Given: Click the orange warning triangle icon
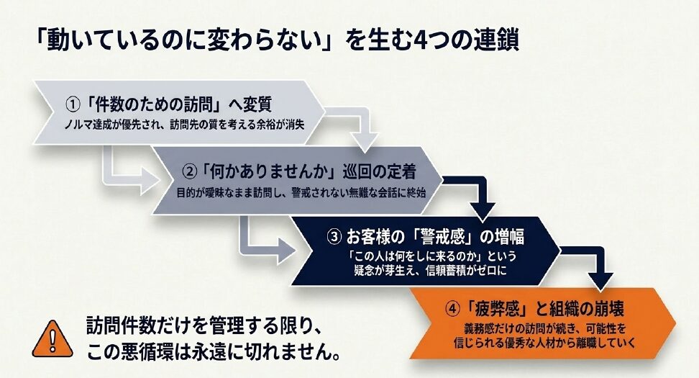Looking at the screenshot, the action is click(52, 339).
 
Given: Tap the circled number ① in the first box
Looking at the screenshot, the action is click(73, 105).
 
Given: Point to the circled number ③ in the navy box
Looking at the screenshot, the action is click(334, 237).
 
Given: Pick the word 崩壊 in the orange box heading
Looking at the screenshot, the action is click(608, 308).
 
